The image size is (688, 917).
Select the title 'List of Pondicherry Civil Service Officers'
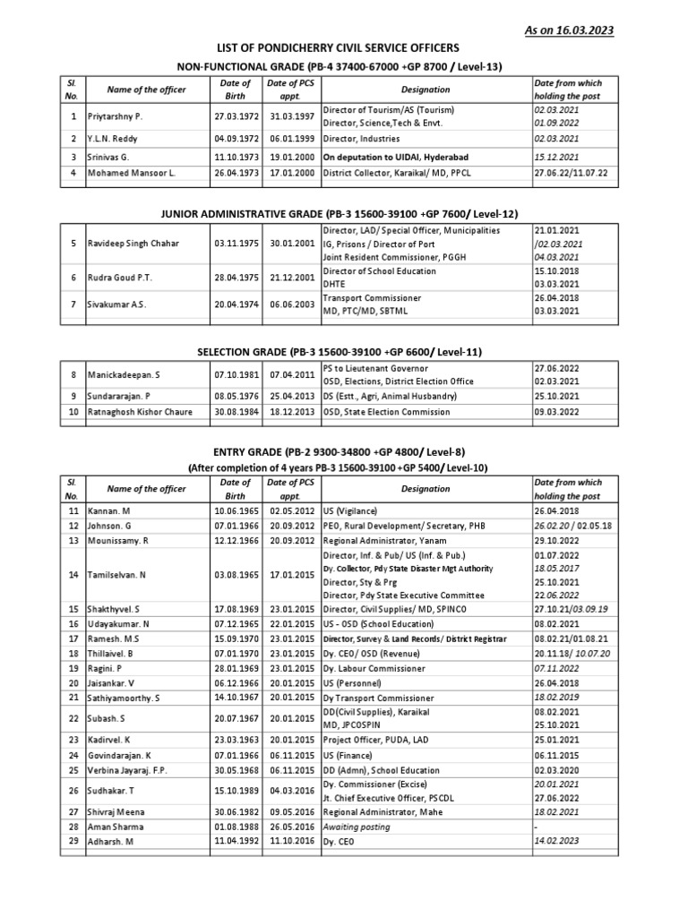click(344, 47)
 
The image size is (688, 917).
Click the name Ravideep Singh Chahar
click(134, 243)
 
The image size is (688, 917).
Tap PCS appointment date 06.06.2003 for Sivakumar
click(290, 304)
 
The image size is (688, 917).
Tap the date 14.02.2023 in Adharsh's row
click(557, 842)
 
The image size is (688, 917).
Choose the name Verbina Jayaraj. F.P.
click(127, 770)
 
